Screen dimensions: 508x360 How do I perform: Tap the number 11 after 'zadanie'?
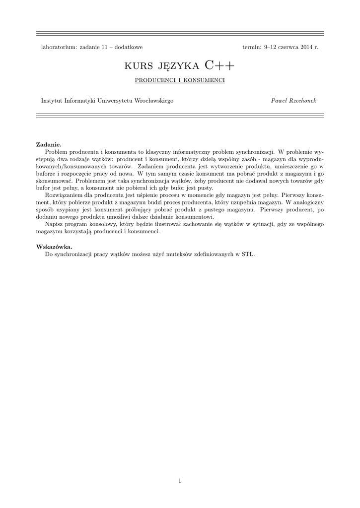click(x=105, y=47)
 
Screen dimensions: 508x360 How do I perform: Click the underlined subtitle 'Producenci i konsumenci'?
click(x=180, y=80)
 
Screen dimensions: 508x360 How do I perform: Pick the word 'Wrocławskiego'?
click(x=154, y=101)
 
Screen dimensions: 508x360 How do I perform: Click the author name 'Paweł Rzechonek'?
click(x=293, y=101)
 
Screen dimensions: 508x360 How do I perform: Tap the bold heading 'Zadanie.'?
click(x=49, y=144)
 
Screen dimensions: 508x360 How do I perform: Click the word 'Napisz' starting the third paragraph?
click(x=53, y=224)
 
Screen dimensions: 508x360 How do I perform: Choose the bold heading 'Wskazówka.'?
click(x=54, y=247)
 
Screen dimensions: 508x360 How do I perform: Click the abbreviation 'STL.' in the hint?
click(x=248, y=254)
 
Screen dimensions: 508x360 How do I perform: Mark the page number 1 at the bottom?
click(x=180, y=480)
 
